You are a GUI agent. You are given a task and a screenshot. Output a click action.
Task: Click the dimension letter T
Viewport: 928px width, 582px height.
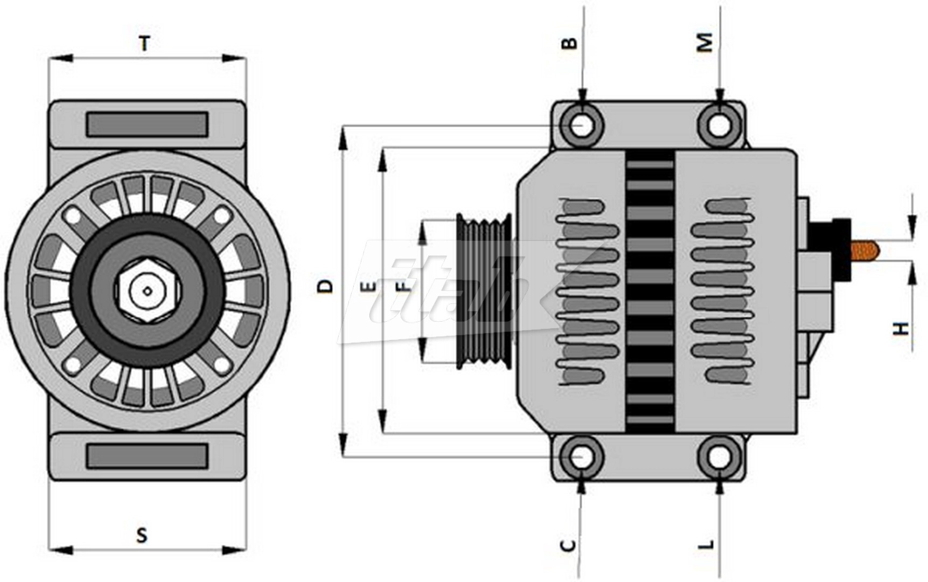click(144, 43)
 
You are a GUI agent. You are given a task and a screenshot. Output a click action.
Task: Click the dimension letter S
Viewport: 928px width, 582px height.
click(142, 535)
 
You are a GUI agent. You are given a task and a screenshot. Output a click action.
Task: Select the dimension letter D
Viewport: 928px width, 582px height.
click(325, 286)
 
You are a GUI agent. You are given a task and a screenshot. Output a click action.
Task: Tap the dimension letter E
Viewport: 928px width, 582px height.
click(370, 286)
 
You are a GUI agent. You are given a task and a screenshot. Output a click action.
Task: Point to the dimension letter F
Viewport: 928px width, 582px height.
click(405, 286)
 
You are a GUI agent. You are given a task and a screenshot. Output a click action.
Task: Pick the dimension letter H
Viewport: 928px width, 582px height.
click(901, 328)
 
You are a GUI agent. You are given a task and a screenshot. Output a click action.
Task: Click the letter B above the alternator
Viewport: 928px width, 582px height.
click(569, 43)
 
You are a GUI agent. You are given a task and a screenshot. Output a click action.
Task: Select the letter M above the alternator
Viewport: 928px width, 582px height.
click(705, 42)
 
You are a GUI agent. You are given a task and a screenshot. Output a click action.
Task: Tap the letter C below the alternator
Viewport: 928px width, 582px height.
click(569, 545)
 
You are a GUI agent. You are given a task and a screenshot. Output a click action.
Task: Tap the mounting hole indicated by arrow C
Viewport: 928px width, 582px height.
click(581, 458)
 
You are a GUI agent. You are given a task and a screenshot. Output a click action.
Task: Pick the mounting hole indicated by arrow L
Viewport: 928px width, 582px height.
click(720, 458)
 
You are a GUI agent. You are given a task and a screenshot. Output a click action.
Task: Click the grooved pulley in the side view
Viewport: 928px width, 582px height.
click(484, 292)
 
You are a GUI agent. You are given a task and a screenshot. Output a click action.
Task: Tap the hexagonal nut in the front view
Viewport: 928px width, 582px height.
click(146, 291)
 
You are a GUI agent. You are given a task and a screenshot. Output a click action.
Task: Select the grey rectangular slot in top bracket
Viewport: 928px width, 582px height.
click(147, 124)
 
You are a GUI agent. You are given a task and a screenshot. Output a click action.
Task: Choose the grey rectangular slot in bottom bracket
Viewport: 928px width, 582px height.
click(147, 456)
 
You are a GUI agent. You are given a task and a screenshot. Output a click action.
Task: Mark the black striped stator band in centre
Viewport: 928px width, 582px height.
click(650, 291)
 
